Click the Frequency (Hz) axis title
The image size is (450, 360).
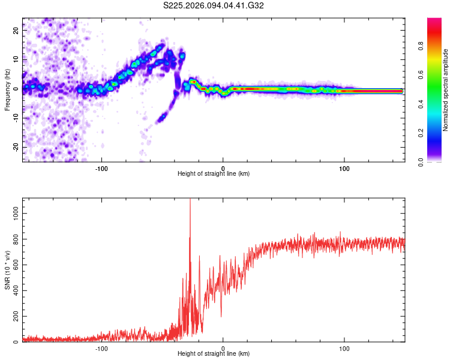point(7,91)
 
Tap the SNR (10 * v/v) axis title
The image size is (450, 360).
point(7,270)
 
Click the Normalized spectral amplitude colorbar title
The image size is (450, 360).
point(445,91)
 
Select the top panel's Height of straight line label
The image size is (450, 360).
point(214,173)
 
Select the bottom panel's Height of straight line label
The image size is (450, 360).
point(214,353)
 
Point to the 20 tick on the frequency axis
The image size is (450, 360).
point(16,29)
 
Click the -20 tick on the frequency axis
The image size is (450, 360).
point(15,147)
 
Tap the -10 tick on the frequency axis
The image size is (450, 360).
point(15,118)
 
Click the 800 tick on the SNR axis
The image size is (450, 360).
point(15,239)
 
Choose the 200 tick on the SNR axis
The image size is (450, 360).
point(15,316)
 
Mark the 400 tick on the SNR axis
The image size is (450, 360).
point(15,290)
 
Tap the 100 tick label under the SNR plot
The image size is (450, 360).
point(345,347)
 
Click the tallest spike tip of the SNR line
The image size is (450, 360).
point(190,200)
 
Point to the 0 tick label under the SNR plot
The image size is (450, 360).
point(223,347)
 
